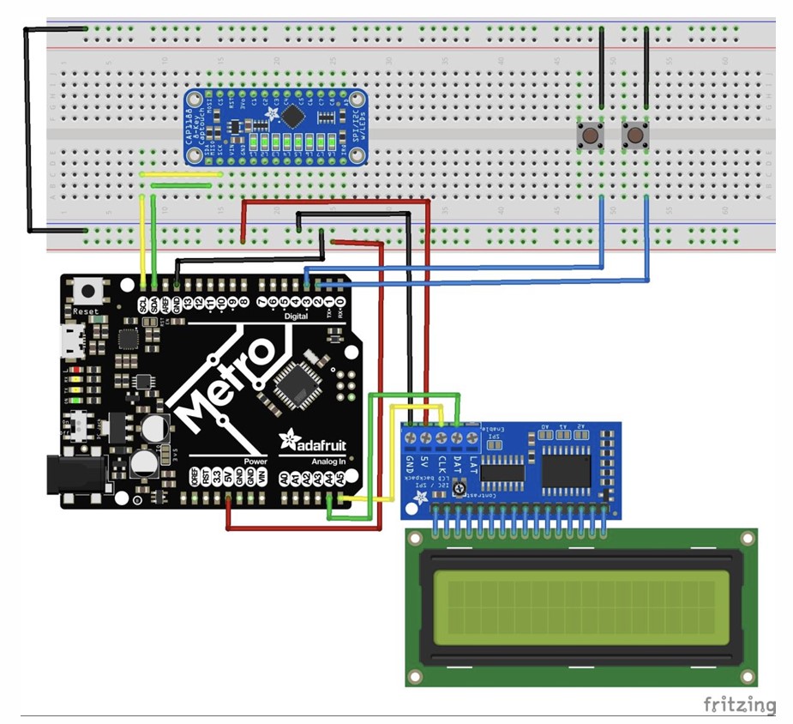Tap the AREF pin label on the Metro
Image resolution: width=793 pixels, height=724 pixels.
click(x=165, y=304)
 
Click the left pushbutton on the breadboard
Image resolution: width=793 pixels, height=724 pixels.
click(x=590, y=136)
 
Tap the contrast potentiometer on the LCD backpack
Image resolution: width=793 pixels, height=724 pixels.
click(x=460, y=489)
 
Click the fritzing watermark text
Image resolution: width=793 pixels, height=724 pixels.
click(x=739, y=705)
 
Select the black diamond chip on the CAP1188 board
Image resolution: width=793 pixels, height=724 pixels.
click(x=293, y=115)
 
